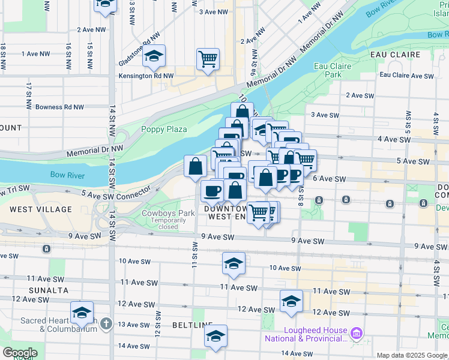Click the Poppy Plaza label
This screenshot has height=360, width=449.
tap(164, 129)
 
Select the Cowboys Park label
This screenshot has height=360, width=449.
tap(168, 213)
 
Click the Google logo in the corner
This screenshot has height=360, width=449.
tap(19, 353)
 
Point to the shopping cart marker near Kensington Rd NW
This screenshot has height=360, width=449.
tap(208, 59)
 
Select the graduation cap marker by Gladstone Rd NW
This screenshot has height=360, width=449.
tap(154, 57)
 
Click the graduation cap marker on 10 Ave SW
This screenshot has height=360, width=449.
tap(234, 263)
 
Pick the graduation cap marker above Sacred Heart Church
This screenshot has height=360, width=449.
tap(82, 312)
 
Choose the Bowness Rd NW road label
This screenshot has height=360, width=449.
tap(60, 107)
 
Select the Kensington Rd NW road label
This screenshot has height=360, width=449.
tap(145, 76)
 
